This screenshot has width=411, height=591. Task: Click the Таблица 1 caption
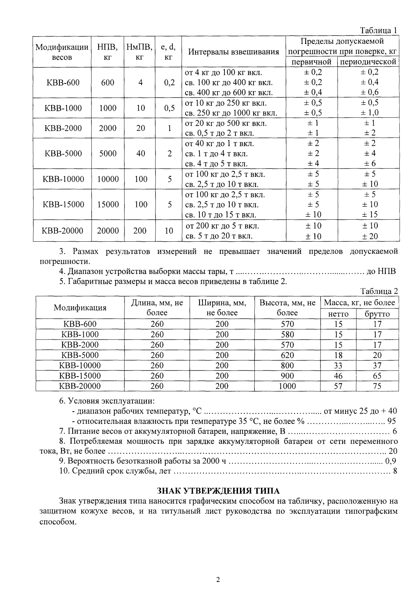378,30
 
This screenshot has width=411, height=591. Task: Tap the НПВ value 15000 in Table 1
108,205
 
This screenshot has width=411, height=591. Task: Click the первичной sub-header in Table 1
312,62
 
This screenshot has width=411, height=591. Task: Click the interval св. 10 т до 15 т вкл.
220,215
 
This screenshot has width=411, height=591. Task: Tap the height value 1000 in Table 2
287,386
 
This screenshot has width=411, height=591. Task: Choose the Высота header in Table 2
287,308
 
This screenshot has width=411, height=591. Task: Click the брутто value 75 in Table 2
377,386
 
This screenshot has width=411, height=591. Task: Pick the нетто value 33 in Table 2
338,366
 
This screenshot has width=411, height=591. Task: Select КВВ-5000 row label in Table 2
80,355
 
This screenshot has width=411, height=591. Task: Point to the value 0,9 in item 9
391,461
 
